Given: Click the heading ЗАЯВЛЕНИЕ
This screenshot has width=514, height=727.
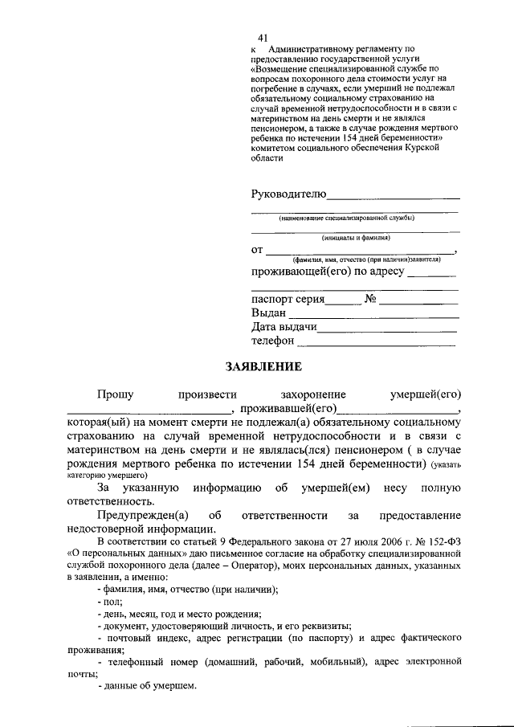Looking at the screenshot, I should point(263,367).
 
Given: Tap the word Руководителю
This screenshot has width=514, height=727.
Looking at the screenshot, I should point(288,194).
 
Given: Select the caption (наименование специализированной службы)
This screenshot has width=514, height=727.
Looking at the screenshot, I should point(347,217).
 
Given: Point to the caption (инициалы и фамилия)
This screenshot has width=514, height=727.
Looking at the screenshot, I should point(356,237).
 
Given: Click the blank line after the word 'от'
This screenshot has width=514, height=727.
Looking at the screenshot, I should point(360,252).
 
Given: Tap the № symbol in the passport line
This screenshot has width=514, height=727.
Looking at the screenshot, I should point(370,299).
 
